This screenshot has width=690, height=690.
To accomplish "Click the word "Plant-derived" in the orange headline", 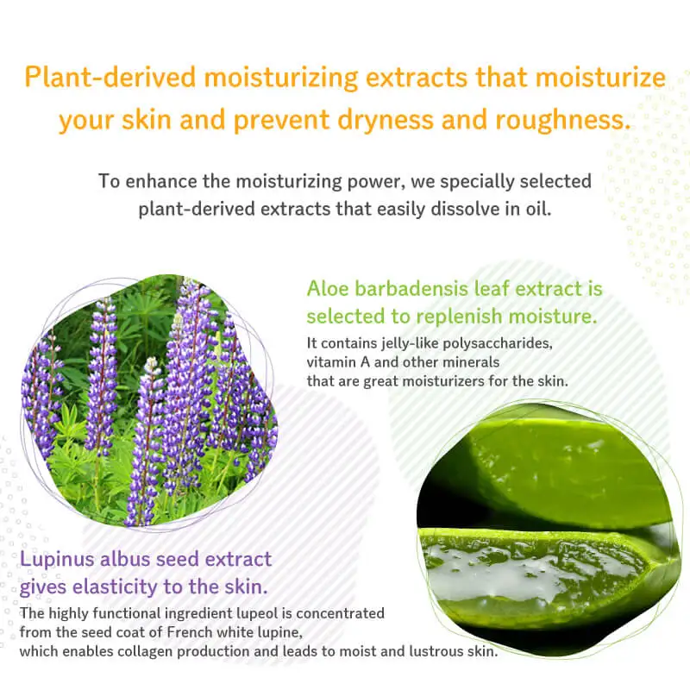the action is tap(110, 77).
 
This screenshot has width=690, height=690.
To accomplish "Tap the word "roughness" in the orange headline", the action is tap(563, 120).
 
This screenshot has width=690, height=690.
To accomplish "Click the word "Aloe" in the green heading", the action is tap(328, 289).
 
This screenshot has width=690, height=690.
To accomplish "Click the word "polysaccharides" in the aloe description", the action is tap(498, 343).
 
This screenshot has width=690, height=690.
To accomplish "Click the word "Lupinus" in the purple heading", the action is tap(57, 560).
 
